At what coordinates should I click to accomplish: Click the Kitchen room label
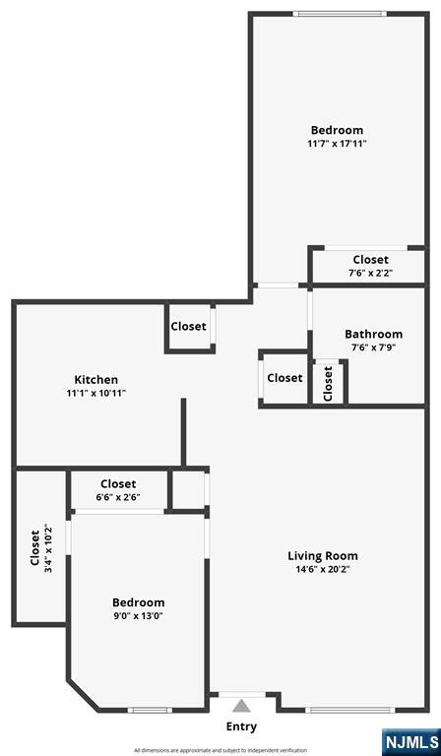click(96, 380)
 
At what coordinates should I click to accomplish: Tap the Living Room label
click(322, 556)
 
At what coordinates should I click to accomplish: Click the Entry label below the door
click(241, 726)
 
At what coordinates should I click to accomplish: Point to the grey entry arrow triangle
click(241, 706)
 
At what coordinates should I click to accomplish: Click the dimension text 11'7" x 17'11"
click(337, 144)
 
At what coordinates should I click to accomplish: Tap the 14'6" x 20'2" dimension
click(322, 569)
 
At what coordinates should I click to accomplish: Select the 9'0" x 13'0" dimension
click(138, 616)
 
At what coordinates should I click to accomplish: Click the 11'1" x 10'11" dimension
click(96, 393)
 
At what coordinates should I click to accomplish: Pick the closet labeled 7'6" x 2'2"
click(370, 266)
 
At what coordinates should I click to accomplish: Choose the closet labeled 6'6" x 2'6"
click(118, 490)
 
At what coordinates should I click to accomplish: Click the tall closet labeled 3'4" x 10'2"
click(39, 548)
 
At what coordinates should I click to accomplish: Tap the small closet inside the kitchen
click(189, 327)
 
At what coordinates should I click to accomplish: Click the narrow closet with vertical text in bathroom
click(329, 383)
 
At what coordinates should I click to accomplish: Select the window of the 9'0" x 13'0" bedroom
click(150, 710)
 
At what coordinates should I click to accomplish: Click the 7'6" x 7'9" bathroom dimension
click(373, 347)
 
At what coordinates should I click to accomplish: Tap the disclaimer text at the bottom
click(220, 750)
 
